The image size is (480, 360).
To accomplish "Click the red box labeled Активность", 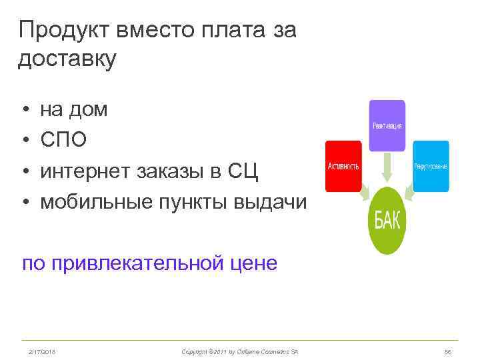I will [343, 165].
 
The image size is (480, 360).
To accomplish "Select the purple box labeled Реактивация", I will [387, 125].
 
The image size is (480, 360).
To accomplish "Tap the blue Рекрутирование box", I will [430, 165].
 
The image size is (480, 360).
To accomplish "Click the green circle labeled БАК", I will [387, 220].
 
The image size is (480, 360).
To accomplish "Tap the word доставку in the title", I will [67, 59].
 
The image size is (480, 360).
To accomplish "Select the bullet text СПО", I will [63, 140].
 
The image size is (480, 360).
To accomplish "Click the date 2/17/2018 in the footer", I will [41, 351].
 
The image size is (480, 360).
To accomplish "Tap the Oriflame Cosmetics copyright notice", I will [240, 351].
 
